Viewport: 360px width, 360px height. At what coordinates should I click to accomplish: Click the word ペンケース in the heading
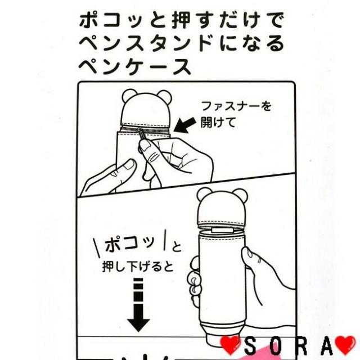click(x=135, y=67)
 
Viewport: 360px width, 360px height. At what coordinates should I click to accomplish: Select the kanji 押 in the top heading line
click(x=181, y=20)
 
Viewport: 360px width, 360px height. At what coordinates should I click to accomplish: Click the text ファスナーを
click(x=236, y=106)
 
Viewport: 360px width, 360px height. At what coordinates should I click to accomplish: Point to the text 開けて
click(x=218, y=122)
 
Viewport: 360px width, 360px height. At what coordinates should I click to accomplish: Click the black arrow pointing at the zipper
click(x=184, y=125)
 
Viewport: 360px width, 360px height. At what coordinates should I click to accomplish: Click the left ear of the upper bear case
click(x=129, y=96)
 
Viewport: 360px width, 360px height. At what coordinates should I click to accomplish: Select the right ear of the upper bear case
click(x=164, y=97)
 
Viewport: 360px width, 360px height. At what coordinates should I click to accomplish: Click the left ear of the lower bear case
click(x=204, y=195)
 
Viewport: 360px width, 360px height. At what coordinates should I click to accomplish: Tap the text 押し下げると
click(x=138, y=267)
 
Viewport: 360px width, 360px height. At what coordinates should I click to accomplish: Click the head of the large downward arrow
click(x=139, y=325)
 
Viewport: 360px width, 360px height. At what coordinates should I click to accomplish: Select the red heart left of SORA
click(x=230, y=346)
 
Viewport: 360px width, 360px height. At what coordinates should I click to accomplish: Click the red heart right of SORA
click(x=346, y=346)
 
